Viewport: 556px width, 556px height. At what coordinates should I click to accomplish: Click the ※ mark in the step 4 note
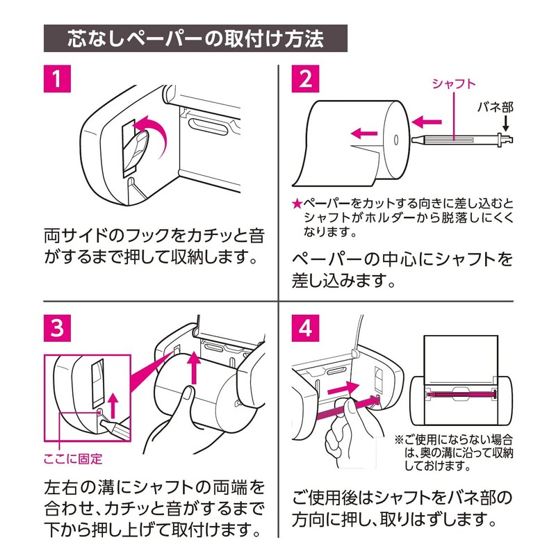click(x=399, y=440)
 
